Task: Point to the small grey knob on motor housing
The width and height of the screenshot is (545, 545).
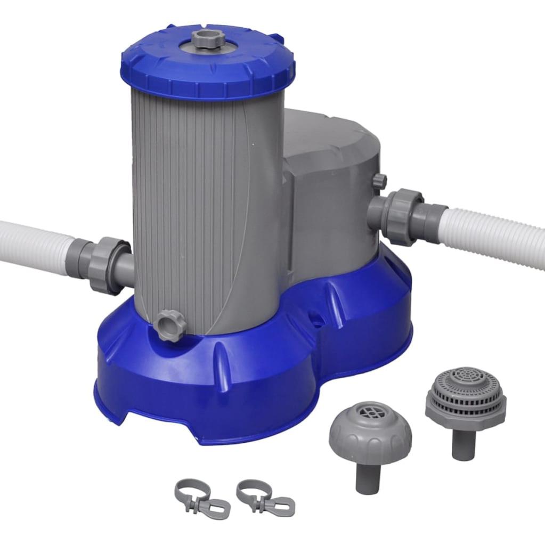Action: [379, 181]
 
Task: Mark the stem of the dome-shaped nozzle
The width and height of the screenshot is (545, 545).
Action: [368, 477]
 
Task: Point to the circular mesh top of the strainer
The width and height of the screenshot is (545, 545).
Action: [467, 376]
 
